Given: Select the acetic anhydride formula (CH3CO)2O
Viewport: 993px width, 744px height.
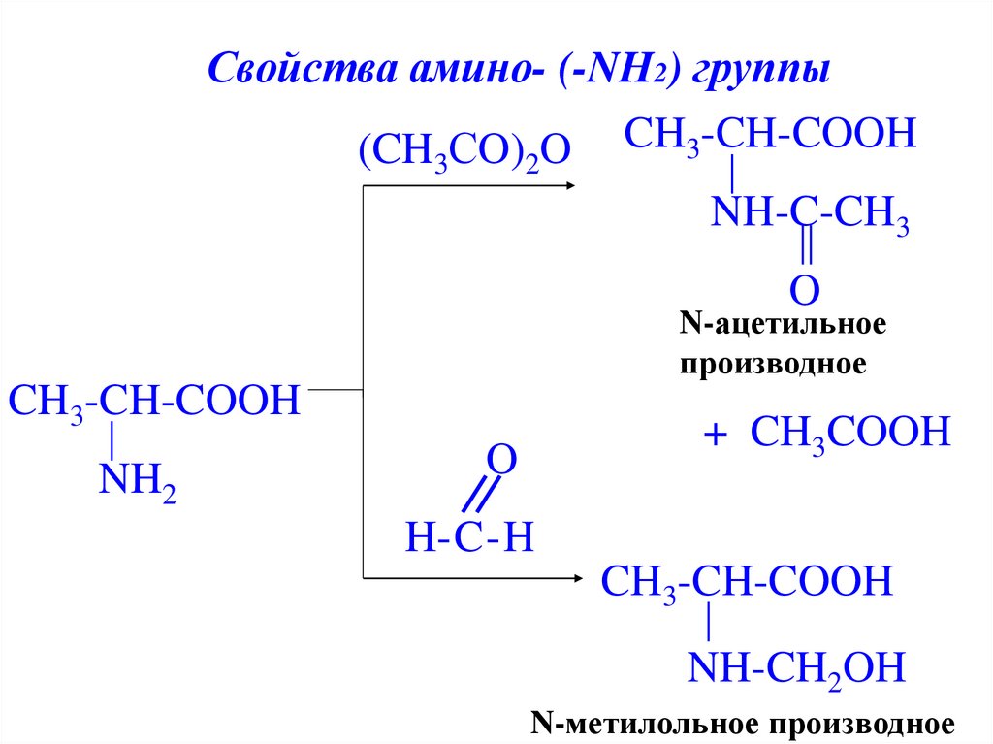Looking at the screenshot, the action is (x=461, y=152).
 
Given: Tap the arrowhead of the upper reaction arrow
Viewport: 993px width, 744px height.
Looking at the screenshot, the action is (x=570, y=186).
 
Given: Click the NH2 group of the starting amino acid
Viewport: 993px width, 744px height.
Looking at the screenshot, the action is (x=137, y=478).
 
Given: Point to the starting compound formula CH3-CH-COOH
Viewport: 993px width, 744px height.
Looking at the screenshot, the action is (x=151, y=401).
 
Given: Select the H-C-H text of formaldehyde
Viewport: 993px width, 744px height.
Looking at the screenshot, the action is (x=470, y=536).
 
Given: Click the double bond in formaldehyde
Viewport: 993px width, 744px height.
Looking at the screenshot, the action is (x=476, y=496).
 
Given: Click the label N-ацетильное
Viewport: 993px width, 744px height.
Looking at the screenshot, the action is (x=783, y=324).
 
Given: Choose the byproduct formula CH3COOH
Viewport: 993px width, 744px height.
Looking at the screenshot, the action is (x=849, y=431).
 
